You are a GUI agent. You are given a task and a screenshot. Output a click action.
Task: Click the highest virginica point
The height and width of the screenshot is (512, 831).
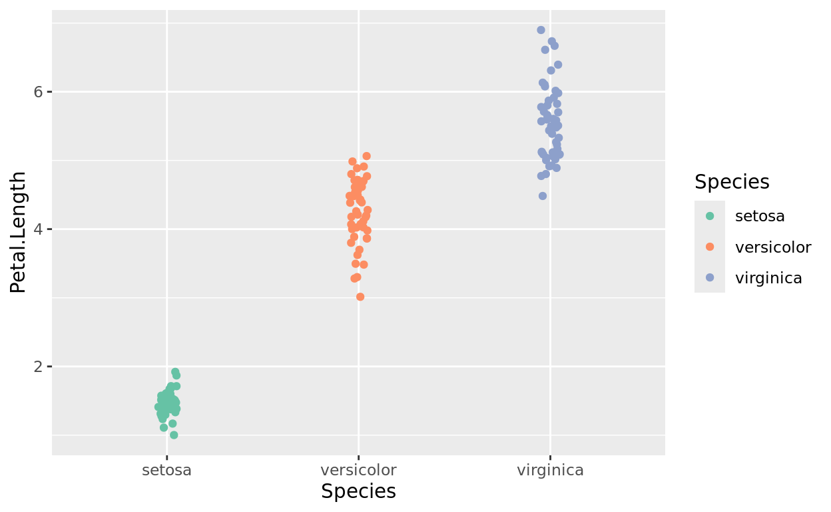[541, 30]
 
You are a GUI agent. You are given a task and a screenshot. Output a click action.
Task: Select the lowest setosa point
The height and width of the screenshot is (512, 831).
[174, 435]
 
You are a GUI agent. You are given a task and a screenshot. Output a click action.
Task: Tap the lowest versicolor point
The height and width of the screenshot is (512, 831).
[360, 297]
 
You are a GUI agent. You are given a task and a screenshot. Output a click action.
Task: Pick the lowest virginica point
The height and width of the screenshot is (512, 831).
[543, 196]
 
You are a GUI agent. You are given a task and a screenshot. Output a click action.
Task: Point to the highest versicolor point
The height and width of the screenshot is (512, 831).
[366, 156]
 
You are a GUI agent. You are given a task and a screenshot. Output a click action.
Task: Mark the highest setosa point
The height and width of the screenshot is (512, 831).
[175, 372]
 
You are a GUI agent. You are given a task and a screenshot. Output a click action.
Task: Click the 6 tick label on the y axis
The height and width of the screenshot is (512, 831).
[39, 91]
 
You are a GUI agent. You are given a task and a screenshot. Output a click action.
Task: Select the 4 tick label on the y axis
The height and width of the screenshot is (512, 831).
[39, 229]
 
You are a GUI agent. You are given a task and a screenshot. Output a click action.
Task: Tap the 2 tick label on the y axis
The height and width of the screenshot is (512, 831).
[39, 367]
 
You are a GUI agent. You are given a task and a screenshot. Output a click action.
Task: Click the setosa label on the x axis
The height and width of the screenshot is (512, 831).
[166, 470]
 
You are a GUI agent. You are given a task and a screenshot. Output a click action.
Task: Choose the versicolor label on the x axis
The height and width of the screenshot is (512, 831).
[358, 470]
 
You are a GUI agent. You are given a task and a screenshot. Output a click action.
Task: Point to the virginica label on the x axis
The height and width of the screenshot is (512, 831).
[550, 470]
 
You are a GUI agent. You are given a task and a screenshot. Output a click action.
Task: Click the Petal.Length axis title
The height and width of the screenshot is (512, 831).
[19, 232]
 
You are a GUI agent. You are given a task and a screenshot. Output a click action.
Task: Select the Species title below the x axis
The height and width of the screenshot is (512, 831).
[358, 492]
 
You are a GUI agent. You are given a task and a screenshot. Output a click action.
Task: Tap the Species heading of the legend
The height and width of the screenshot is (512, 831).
[732, 182]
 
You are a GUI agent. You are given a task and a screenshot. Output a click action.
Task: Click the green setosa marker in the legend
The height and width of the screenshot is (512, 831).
[710, 216]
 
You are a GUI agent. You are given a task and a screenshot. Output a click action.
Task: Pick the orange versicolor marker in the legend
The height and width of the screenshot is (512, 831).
[710, 247]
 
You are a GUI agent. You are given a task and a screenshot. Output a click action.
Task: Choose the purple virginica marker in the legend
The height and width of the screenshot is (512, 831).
[710, 278]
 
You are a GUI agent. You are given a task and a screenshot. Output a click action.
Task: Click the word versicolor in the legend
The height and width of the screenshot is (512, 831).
[773, 247]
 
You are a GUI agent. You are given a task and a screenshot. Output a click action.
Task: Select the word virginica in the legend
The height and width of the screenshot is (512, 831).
[768, 278]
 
